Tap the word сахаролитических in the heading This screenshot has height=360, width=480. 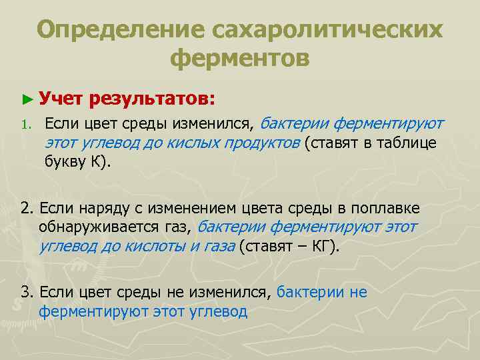pos(327,30)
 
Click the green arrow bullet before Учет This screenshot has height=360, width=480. pos(26,99)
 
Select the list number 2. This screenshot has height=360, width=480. pos(27,210)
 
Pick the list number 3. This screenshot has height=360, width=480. pos(27,291)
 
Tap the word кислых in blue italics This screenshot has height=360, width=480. pos(181,142)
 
